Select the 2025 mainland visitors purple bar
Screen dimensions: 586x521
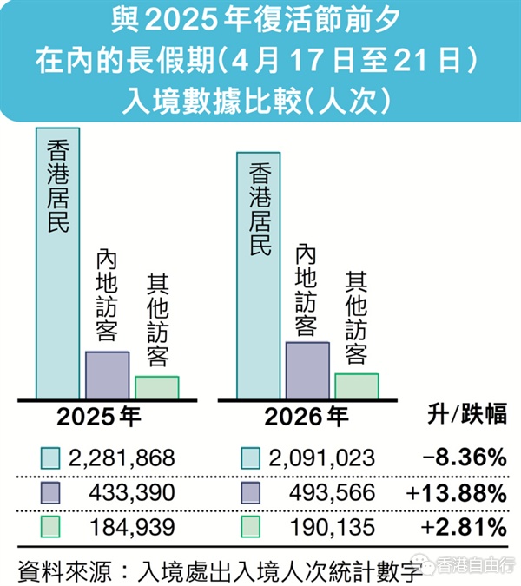(107, 374)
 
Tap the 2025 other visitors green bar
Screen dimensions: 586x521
(156, 387)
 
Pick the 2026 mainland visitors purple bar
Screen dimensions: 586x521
(307, 370)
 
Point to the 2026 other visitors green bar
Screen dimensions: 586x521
(357, 385)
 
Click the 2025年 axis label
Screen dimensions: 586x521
(98, 416)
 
